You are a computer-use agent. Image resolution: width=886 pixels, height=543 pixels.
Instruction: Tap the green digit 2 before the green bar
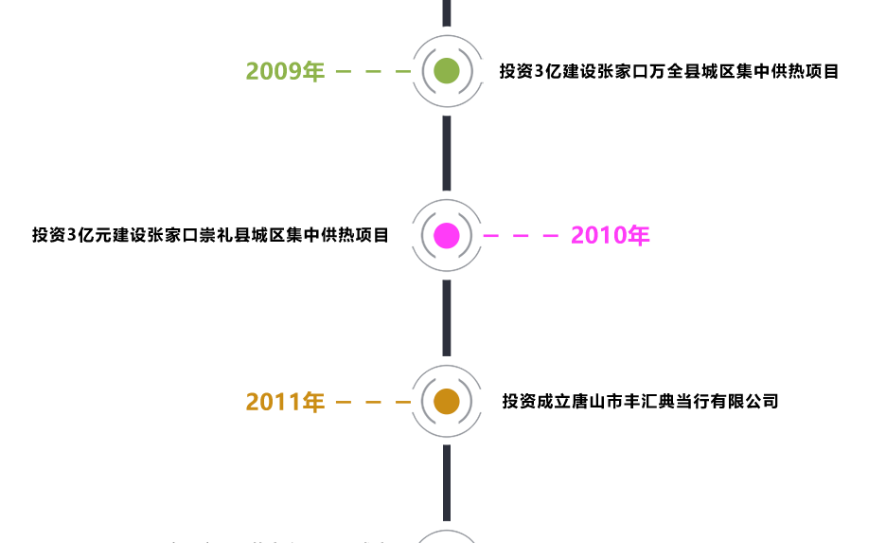pos(251,72)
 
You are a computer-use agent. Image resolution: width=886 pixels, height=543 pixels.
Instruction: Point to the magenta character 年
pos(641,236)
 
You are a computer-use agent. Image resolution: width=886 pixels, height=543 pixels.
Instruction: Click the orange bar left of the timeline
pos(331,401)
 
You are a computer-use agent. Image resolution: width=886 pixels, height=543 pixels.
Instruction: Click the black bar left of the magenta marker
pos(208,235)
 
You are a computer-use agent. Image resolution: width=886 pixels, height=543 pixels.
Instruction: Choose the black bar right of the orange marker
pos(639,401)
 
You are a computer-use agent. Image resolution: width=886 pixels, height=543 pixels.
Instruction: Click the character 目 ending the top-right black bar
pos(831,71)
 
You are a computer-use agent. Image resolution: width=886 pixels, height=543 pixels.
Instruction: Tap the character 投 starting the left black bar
pos(39,235)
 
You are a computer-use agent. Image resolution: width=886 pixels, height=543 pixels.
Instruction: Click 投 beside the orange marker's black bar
pos(509,401)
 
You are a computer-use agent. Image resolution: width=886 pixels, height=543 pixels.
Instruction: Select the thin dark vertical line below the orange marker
pos(447,482)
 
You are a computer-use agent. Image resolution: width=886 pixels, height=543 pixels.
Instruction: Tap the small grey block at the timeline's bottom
pos(447,535)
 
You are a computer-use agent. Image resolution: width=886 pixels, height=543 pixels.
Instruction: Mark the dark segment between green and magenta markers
pos(447,153)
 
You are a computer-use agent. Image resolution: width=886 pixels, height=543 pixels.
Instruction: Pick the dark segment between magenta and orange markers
pos(447,318)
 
